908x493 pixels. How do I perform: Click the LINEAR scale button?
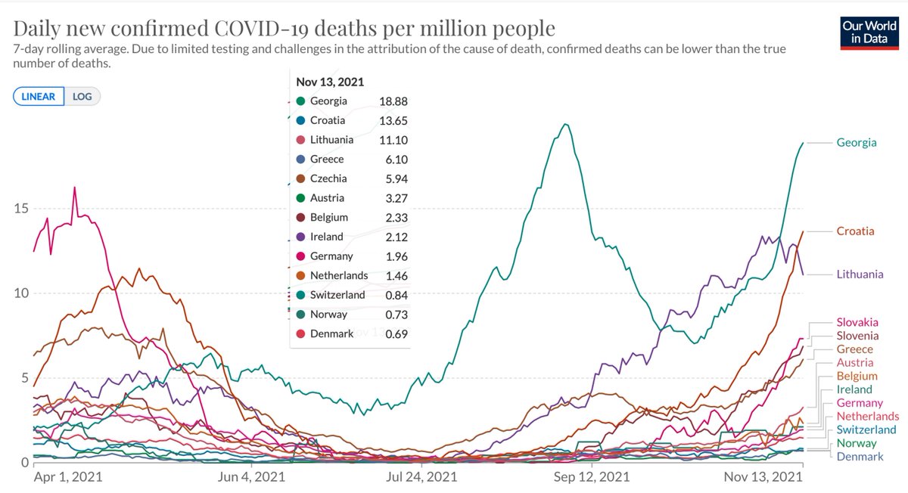tap(38, 97)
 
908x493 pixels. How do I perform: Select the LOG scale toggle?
tap(82, 97)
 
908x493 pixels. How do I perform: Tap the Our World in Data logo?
tap(864, 33)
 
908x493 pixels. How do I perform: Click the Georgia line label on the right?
tap(857, 142)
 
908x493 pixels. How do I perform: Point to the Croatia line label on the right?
tap(855, 231)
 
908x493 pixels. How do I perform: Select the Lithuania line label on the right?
tap(860, 274)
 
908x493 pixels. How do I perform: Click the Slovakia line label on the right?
tap(857, 323)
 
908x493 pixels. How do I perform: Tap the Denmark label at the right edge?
tap(860, 457)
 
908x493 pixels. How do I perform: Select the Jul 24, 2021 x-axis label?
tap(421, 477)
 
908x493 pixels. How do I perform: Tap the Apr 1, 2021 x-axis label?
tap(68, 477)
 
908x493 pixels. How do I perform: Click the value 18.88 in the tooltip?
tap(392, 101)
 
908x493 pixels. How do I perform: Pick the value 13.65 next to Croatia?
tap(392, 120)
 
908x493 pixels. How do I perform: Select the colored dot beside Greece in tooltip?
tap(300, 160)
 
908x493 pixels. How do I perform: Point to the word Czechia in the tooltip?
tap(328, 178)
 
